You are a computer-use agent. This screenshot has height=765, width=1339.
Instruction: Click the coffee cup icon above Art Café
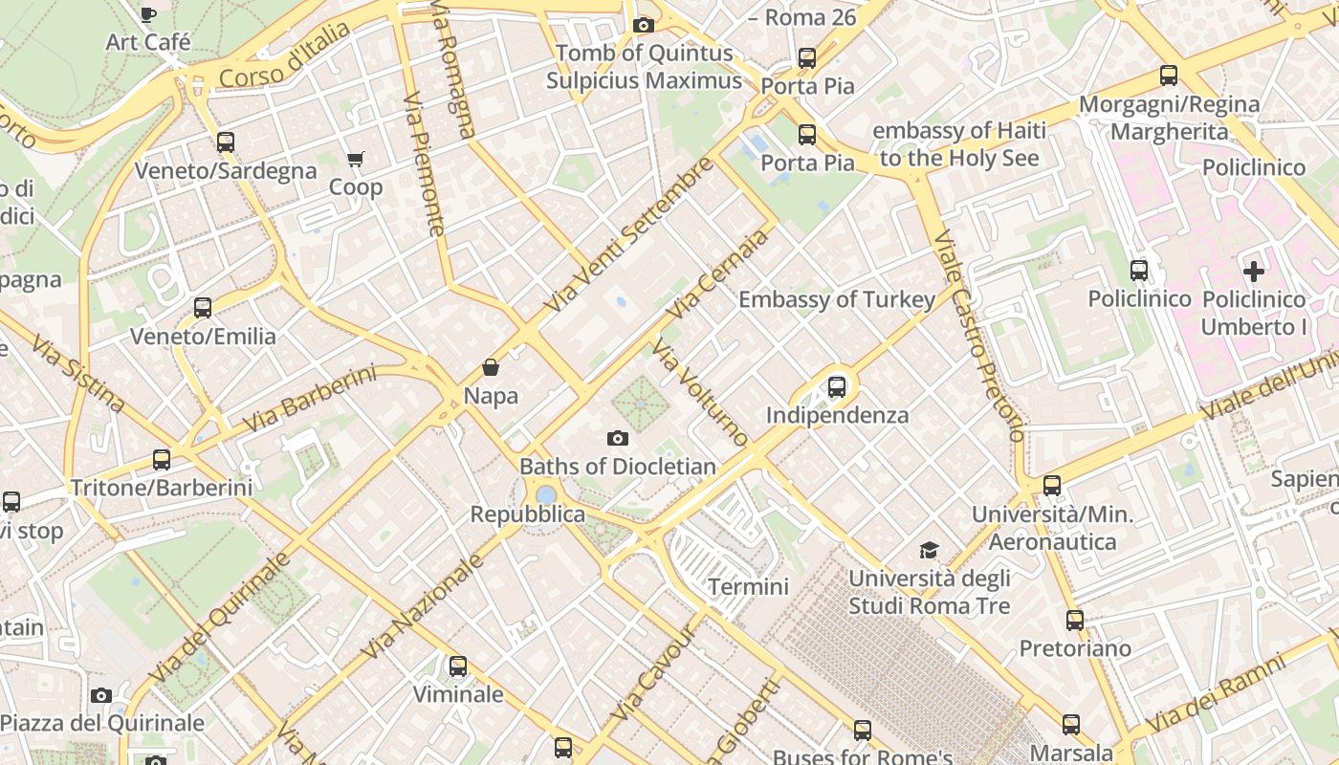147,14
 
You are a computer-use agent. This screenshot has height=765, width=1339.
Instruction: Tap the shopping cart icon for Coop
356,159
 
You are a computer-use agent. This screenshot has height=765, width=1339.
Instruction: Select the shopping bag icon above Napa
491,367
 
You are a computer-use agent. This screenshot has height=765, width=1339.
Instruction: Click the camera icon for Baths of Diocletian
618,438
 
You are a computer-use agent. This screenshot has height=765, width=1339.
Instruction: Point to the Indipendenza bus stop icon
837,387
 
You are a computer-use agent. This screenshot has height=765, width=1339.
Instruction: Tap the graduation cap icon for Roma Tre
929,550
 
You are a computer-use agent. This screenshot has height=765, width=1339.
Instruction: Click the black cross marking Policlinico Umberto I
1253,271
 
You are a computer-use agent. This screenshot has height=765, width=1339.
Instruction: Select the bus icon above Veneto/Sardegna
226,142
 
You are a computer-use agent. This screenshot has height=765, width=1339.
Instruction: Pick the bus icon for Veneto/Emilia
203,308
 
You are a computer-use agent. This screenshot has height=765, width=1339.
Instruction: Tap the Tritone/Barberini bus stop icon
162,460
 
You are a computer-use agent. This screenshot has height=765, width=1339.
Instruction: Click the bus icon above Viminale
458,667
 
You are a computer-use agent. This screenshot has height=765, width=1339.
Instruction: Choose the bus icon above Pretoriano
1075,621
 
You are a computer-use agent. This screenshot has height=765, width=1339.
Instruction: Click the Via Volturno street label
700,392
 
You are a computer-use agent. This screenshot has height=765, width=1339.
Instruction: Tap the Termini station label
748,586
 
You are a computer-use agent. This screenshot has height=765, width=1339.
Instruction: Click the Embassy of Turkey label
837,299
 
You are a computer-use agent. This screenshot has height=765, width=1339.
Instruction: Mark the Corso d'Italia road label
284,56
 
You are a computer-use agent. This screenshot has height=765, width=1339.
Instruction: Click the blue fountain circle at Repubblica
546,494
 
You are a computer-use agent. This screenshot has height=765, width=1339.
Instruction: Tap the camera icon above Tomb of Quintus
644,25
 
